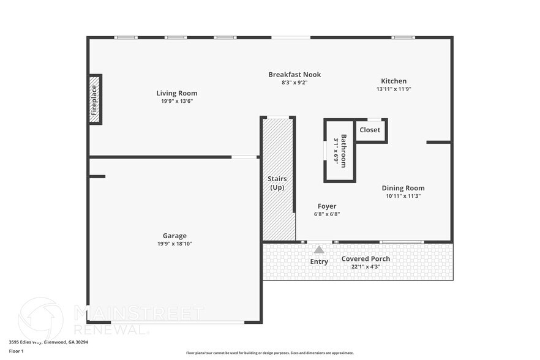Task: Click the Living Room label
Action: pos(176,93)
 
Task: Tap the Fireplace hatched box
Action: pos(94,100)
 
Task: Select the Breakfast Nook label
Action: pos(294,75)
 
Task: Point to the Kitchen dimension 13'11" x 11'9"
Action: pos(394,89)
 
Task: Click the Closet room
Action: pos(370,130)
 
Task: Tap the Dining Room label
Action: pos(403,188)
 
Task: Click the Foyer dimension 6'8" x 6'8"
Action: pos(326,214)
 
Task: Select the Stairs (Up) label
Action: pos(277,182)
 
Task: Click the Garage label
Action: pos(174,236)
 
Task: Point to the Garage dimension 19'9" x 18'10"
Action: pos(174,244)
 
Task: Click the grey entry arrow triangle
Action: pos(319,249)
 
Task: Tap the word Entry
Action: pos(319,261)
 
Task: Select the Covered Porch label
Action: pos(366,258)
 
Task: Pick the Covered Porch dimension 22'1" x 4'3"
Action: pos(366,266)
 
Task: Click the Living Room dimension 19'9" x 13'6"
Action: pos(176,101)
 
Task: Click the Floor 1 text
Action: pos(16,351)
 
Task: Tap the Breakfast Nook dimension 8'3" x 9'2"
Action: pos(294,83)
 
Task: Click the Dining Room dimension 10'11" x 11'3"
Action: pos(403,196)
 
